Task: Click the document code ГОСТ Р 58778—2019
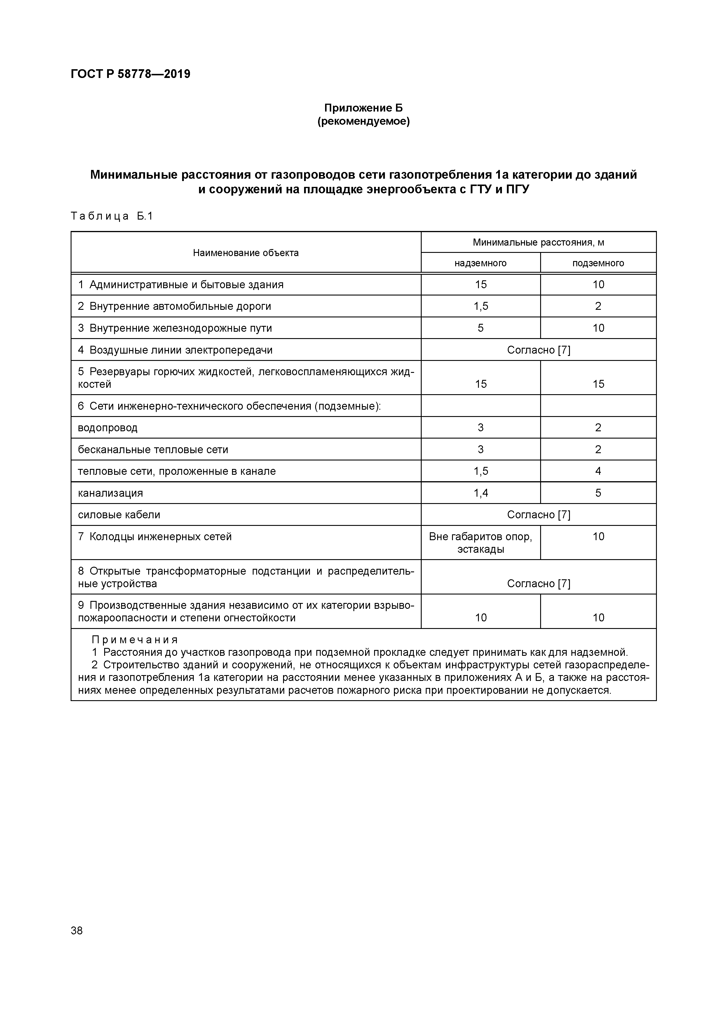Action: (130, 74)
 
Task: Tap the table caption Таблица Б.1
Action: (111, 216)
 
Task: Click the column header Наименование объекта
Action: (246, 253)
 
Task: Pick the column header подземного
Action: (598, 263)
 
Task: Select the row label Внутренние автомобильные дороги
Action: (180, 306)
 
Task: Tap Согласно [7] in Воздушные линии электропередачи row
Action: (538, 350)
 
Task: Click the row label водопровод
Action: (107, 428)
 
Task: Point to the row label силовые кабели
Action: (119, 515)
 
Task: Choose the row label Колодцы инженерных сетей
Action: (160, 537)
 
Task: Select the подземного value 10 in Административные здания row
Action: (598, 285)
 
